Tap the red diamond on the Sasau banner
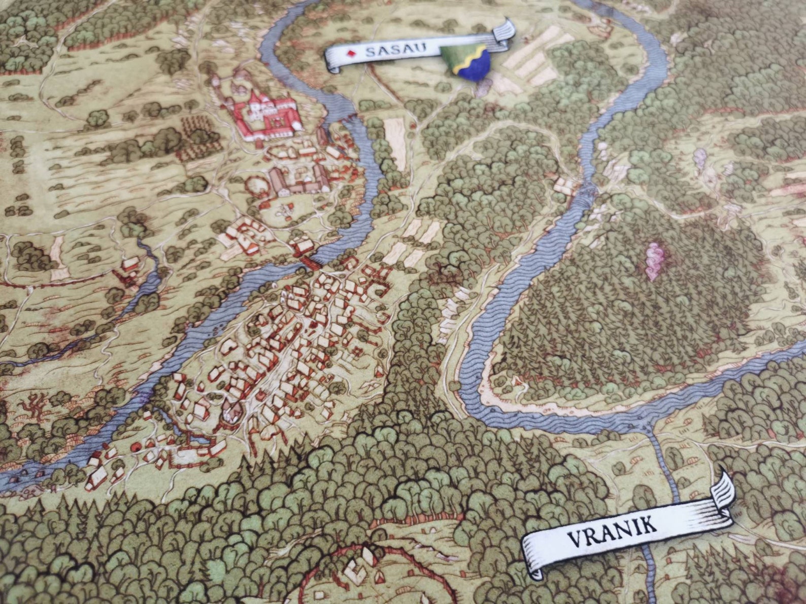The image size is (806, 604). [x=350, y=53]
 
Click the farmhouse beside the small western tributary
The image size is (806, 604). [x=129, y=264]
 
